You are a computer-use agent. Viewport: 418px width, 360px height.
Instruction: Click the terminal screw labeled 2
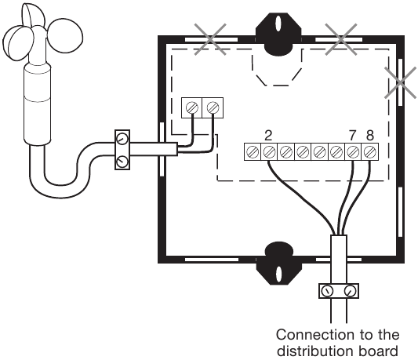269,152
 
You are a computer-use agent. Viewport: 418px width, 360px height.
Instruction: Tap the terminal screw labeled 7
353,152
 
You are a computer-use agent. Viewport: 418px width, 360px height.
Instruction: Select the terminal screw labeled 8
369,152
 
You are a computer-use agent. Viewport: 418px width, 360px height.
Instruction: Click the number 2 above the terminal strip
268,136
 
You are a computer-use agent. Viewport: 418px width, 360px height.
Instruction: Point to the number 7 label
352,136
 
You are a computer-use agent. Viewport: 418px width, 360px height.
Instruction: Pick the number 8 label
369,136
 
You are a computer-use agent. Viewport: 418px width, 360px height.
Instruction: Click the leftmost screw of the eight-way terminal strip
253,152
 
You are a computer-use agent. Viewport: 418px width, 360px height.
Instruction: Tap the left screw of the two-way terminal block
192,108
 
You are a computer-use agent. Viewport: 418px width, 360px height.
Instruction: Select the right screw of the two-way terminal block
213,108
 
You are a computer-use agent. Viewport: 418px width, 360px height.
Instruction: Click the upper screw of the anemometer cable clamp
122,139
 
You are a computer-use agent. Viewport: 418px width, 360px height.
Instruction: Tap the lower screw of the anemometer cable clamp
122,161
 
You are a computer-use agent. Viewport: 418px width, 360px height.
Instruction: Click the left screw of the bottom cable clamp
327,291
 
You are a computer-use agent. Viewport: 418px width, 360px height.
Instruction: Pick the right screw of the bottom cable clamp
350,291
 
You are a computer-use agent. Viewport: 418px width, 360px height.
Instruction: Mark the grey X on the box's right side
401,82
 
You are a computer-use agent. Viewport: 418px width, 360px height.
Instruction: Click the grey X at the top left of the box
210,39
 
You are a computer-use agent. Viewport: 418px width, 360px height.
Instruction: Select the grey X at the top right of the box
341,39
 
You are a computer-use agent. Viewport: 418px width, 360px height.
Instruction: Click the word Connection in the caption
315,335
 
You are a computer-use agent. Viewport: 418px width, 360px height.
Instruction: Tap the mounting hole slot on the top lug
278,24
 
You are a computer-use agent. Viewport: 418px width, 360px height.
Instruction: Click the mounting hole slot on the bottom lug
278,275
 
